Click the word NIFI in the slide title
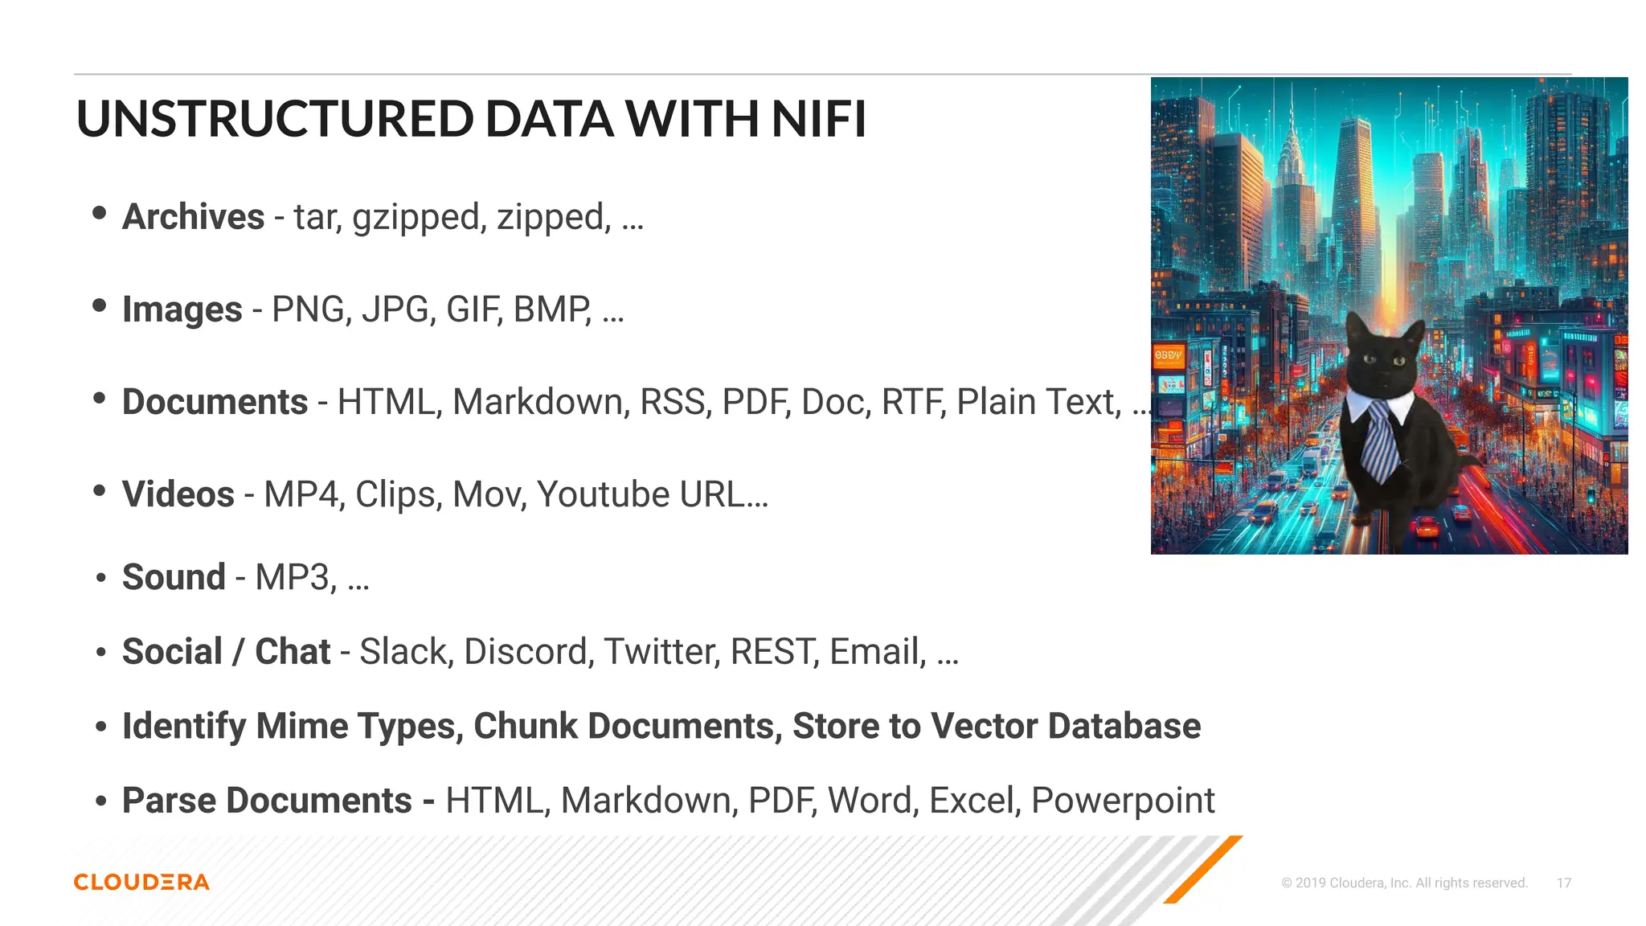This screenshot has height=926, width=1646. click(x=818, y=119)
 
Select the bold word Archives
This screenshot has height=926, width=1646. click(x=193, y=217)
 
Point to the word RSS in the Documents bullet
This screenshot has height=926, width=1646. click(x=675, y=402)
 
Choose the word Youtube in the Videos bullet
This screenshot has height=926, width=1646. click(x=603, y=494)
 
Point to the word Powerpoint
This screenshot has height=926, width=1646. click(x=1123, y=801)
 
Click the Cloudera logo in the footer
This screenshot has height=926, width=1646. click(x=141, y=882)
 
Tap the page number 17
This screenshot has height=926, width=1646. click(x=1563, y=883)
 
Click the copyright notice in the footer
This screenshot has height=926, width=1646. click(x=1404, y=883)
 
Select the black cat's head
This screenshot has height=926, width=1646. click(x=1382, y=358)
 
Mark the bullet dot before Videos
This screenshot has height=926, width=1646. click(x=100, y=490)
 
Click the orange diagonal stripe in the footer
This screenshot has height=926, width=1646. click(x=1203, y=870)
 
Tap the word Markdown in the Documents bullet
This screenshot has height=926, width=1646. click(x=539, y=402)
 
